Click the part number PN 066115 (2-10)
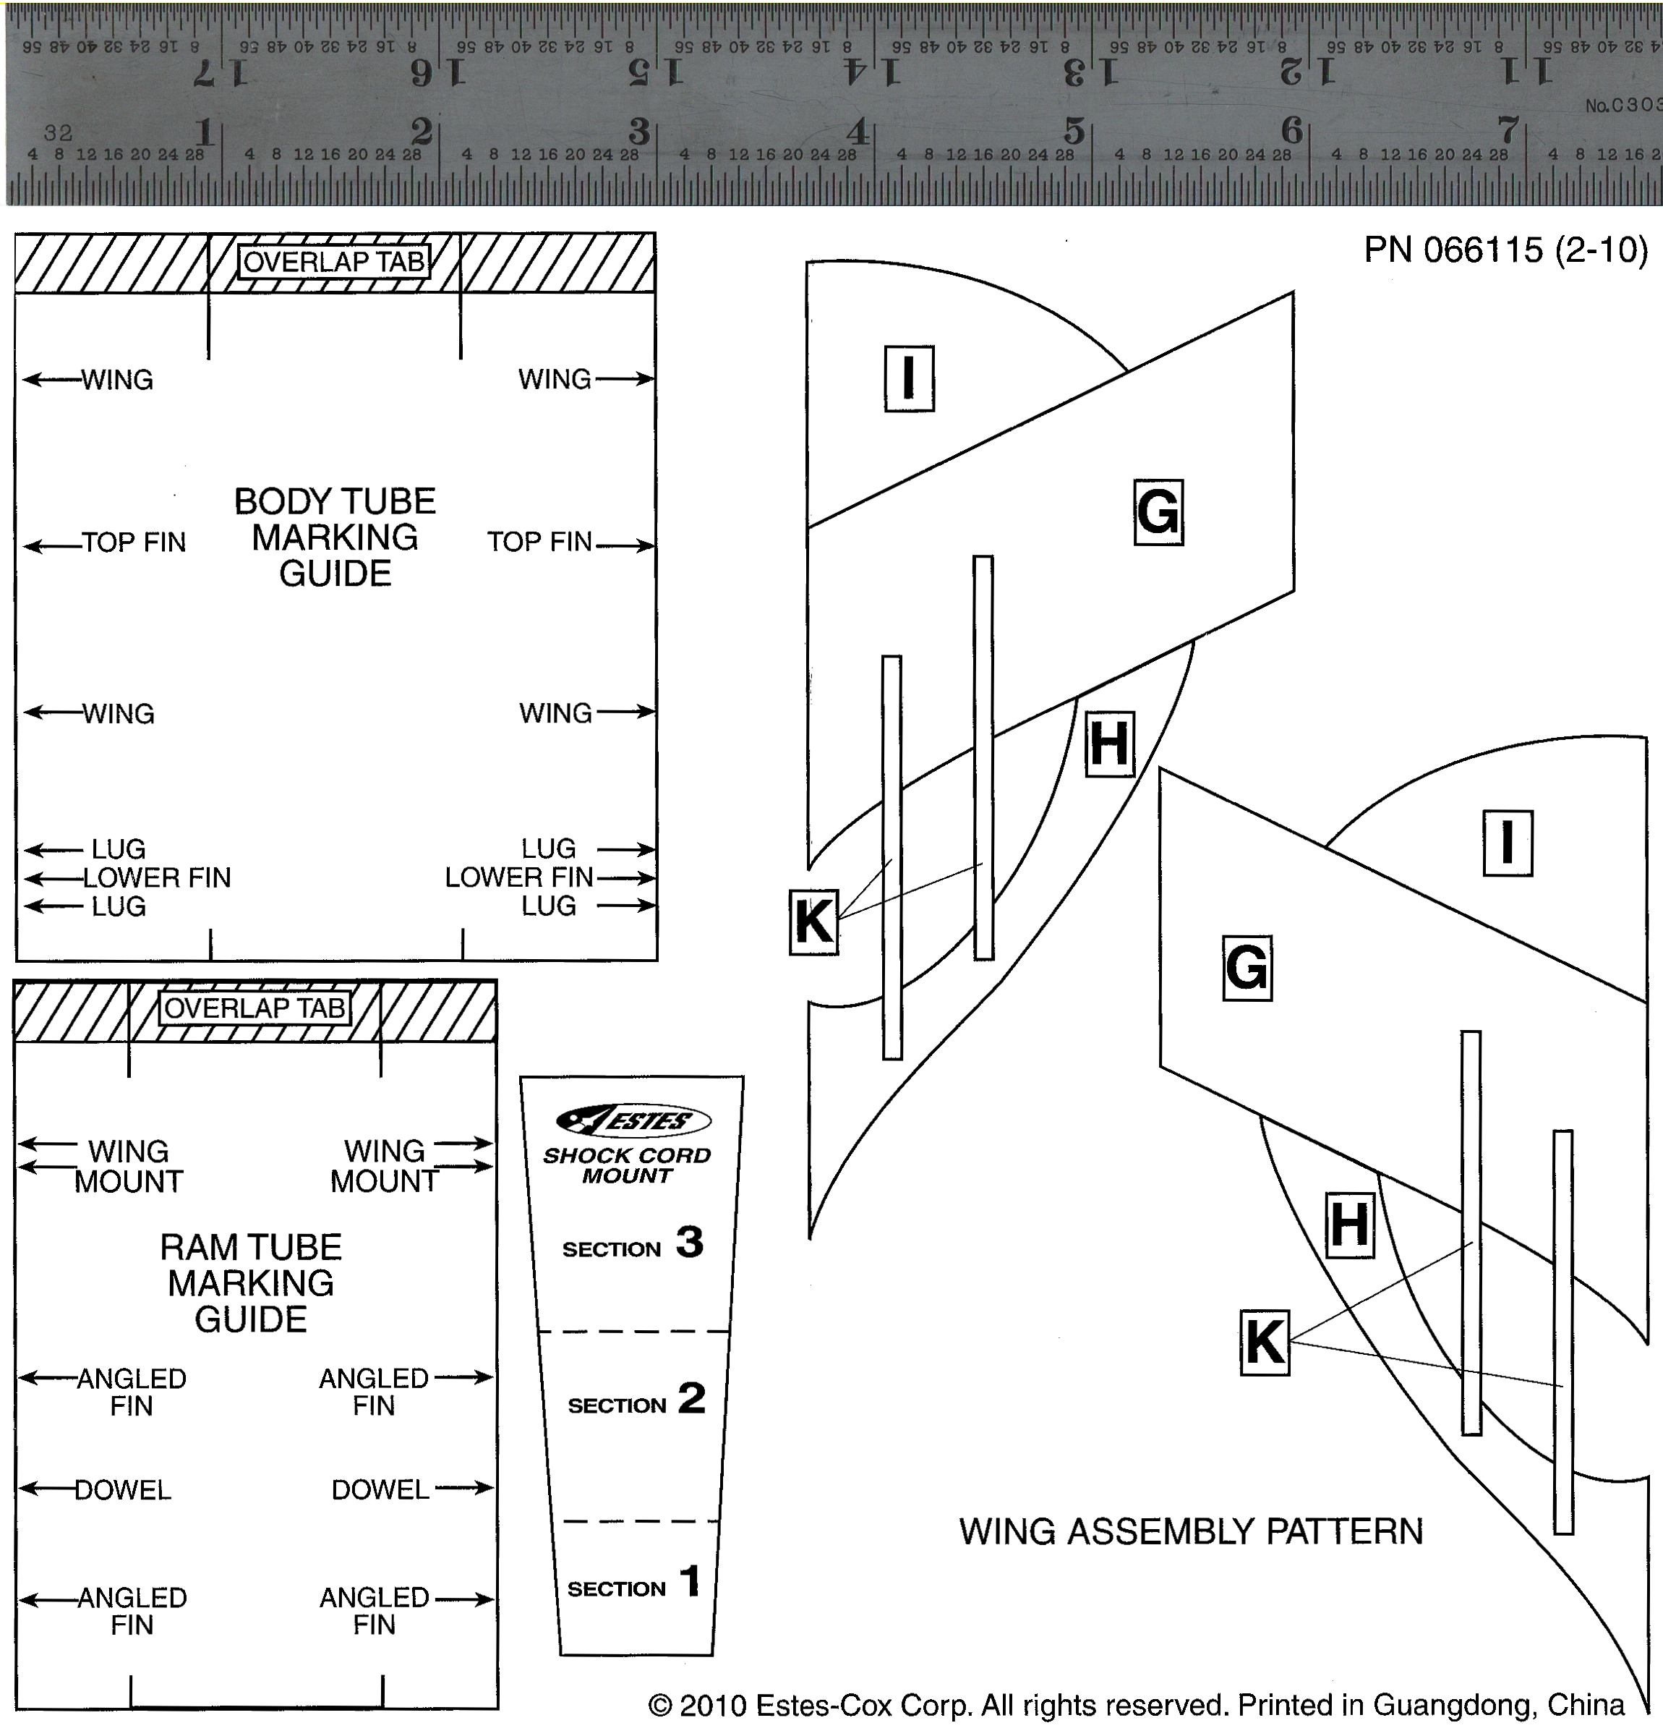pos(1505,251)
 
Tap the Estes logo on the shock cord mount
pos(633,1120)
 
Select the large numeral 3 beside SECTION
pos(690,1242)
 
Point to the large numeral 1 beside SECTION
pos(691,1582)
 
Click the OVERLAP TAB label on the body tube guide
pos(334,262)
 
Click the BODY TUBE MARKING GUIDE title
pos(335,537)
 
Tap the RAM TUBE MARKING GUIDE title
pos(251,1283)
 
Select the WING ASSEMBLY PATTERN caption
pos(1191,1531)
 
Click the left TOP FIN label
pos(134,542)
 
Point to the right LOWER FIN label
pos(519,877)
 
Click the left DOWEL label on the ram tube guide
pos(122,1490)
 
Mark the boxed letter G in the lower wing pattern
pos(1247,967)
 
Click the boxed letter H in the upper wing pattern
pos(1110,744)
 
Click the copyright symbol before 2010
pos(659,1705)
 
